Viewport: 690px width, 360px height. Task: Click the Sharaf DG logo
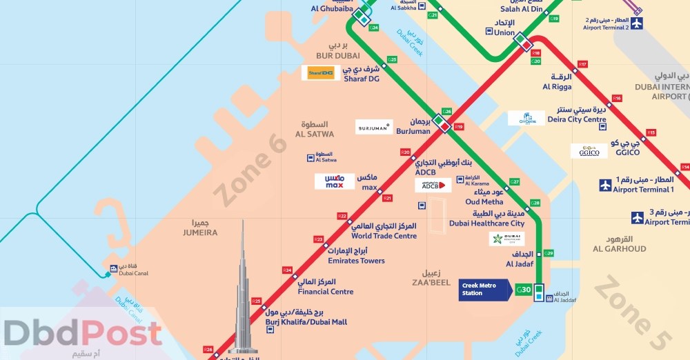coord(320,72)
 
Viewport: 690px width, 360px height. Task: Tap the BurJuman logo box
coord(374,127)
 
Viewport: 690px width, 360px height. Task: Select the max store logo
coord(335,181)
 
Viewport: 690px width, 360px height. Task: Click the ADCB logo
coord(433,185)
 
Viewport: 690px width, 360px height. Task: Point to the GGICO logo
coord(589,151)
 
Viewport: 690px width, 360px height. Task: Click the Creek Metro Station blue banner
coord(485,290)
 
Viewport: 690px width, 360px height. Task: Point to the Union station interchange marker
coord(523,42)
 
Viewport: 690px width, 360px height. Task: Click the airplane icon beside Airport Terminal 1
coord(605,185)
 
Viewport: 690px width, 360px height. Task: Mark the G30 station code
coord(524,290)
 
